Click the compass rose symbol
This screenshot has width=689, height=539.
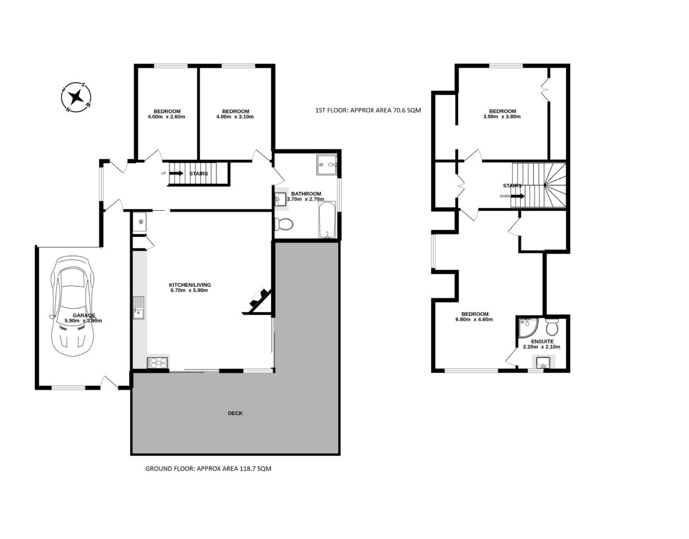tap(76, 97)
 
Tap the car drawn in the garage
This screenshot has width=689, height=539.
tap(72, 306)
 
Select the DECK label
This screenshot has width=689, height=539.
tap(235, 413)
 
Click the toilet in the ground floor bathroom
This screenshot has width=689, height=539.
tap(284, 224)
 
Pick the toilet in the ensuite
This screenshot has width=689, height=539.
tap(552, 326)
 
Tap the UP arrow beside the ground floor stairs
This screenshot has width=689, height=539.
tap(176, 173)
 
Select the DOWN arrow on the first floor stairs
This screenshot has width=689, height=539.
tap(517, 196)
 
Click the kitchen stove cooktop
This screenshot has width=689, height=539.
tap(157, 363)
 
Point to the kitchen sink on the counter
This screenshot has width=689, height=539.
tap(138, 308)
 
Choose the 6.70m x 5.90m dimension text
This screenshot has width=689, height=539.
tap(189, 290)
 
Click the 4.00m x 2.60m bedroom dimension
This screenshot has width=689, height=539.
tap(167, 117)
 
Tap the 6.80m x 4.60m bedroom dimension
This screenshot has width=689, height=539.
tap(474, 319)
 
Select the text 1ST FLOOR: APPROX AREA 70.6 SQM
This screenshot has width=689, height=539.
tap(368, 110)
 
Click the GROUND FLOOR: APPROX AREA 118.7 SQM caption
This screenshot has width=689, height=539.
tap(208, 468)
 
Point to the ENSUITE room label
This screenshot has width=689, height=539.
tap(542, 341)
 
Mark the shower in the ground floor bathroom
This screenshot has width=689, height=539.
tap(326, 165)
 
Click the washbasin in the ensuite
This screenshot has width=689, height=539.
tap(544, 362)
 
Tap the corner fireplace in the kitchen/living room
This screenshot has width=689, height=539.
tap(259, 301)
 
